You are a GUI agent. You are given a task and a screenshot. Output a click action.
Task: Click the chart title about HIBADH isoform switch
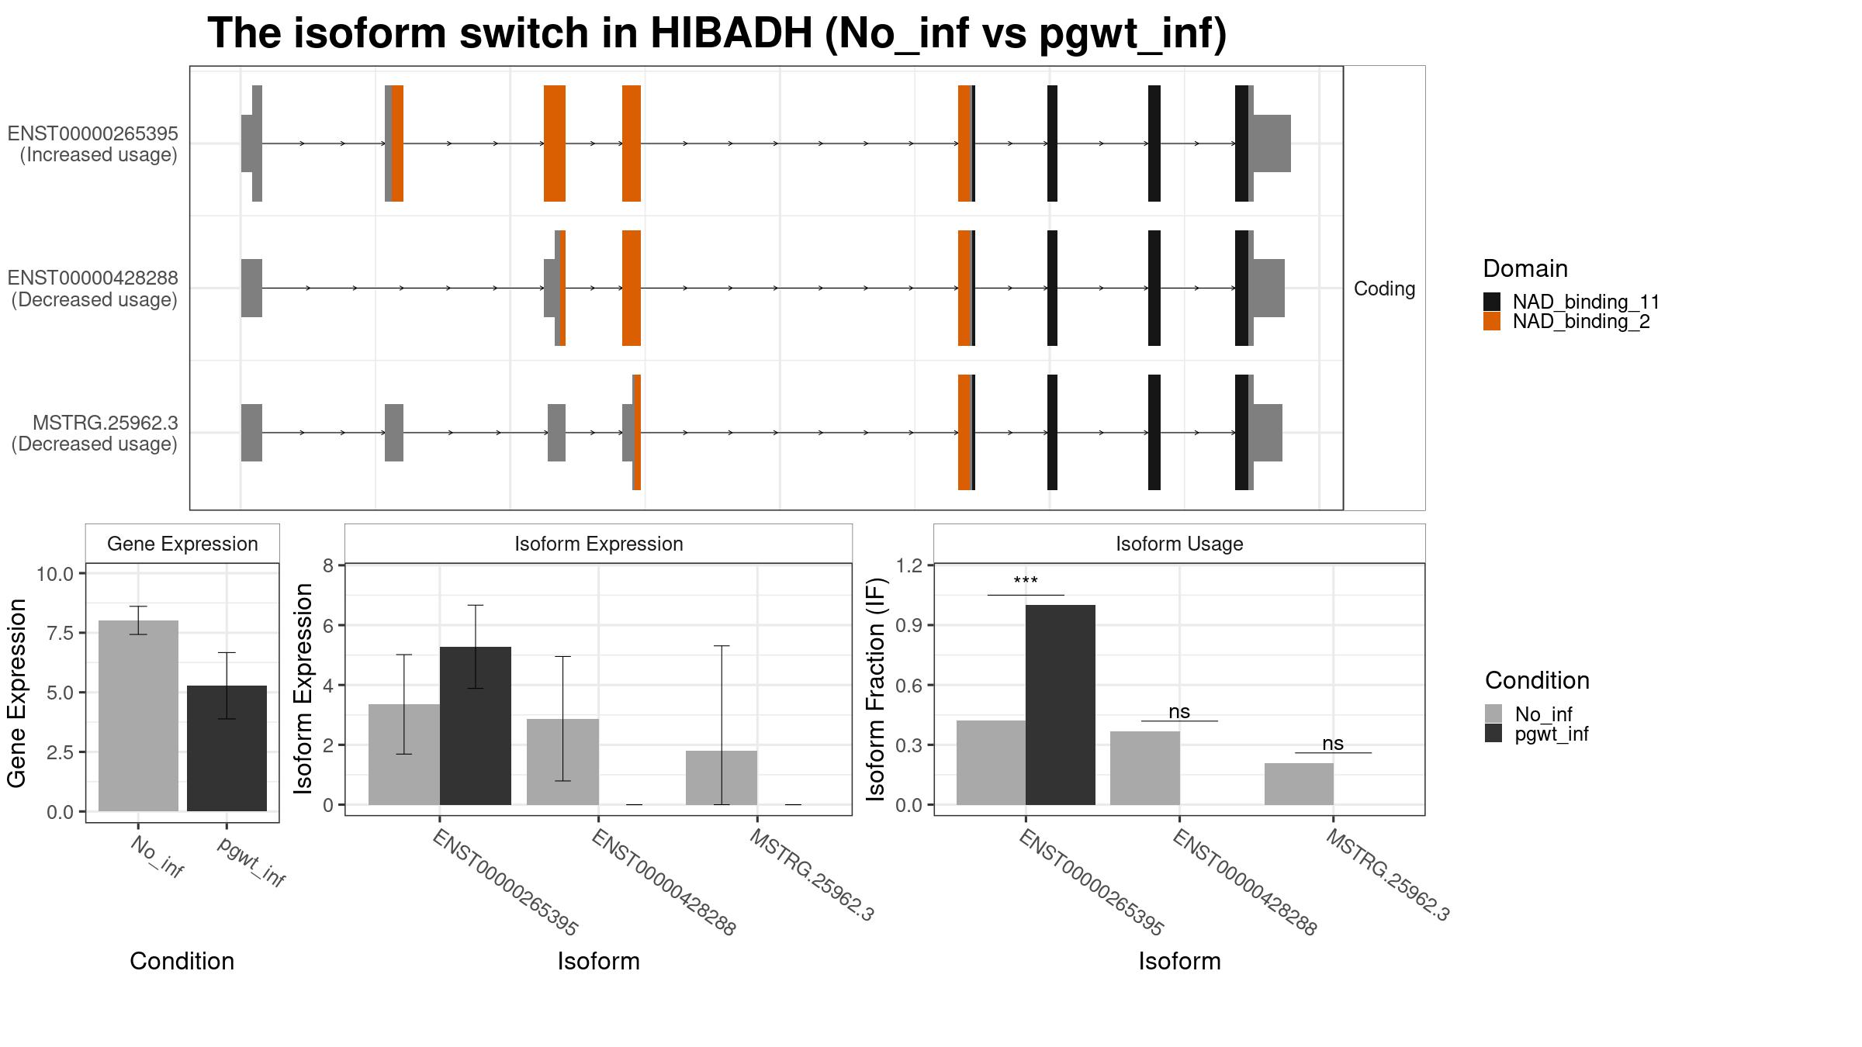pos(717,34)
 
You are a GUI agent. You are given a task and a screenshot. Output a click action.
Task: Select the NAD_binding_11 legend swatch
pos(1491,301)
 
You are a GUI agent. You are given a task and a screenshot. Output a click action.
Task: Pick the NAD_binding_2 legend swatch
pos(1491,321)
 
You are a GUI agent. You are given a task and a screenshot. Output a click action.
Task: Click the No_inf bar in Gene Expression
pos(138,715)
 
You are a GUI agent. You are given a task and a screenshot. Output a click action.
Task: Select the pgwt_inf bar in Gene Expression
pos(227,748)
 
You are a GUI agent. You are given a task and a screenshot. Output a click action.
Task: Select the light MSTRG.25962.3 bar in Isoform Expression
pos(721,777)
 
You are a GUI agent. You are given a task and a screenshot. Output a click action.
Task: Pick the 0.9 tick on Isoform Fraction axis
pos(909,625)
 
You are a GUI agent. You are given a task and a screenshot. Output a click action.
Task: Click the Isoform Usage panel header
pos(1178,544)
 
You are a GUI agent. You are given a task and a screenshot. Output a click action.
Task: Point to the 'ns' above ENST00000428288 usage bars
pos(1178,711)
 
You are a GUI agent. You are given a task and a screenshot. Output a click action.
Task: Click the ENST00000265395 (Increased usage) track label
pos(93,144)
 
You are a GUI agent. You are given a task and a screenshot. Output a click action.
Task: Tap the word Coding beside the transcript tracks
pos(1384,289)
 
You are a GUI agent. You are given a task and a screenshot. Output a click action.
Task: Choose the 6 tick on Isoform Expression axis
pos(327,625)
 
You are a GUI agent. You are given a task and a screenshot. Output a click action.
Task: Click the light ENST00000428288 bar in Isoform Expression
pos(562,762)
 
